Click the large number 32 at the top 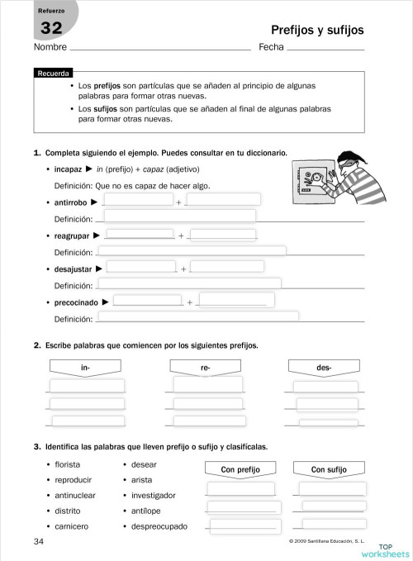51,29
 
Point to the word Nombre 50,47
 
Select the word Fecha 272,47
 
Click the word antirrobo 71,202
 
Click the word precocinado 77,302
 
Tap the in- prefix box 85,366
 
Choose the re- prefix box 205,366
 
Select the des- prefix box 324,366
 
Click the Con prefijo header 240,469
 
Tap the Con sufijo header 328,469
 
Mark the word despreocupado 159,526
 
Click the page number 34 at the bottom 38,541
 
